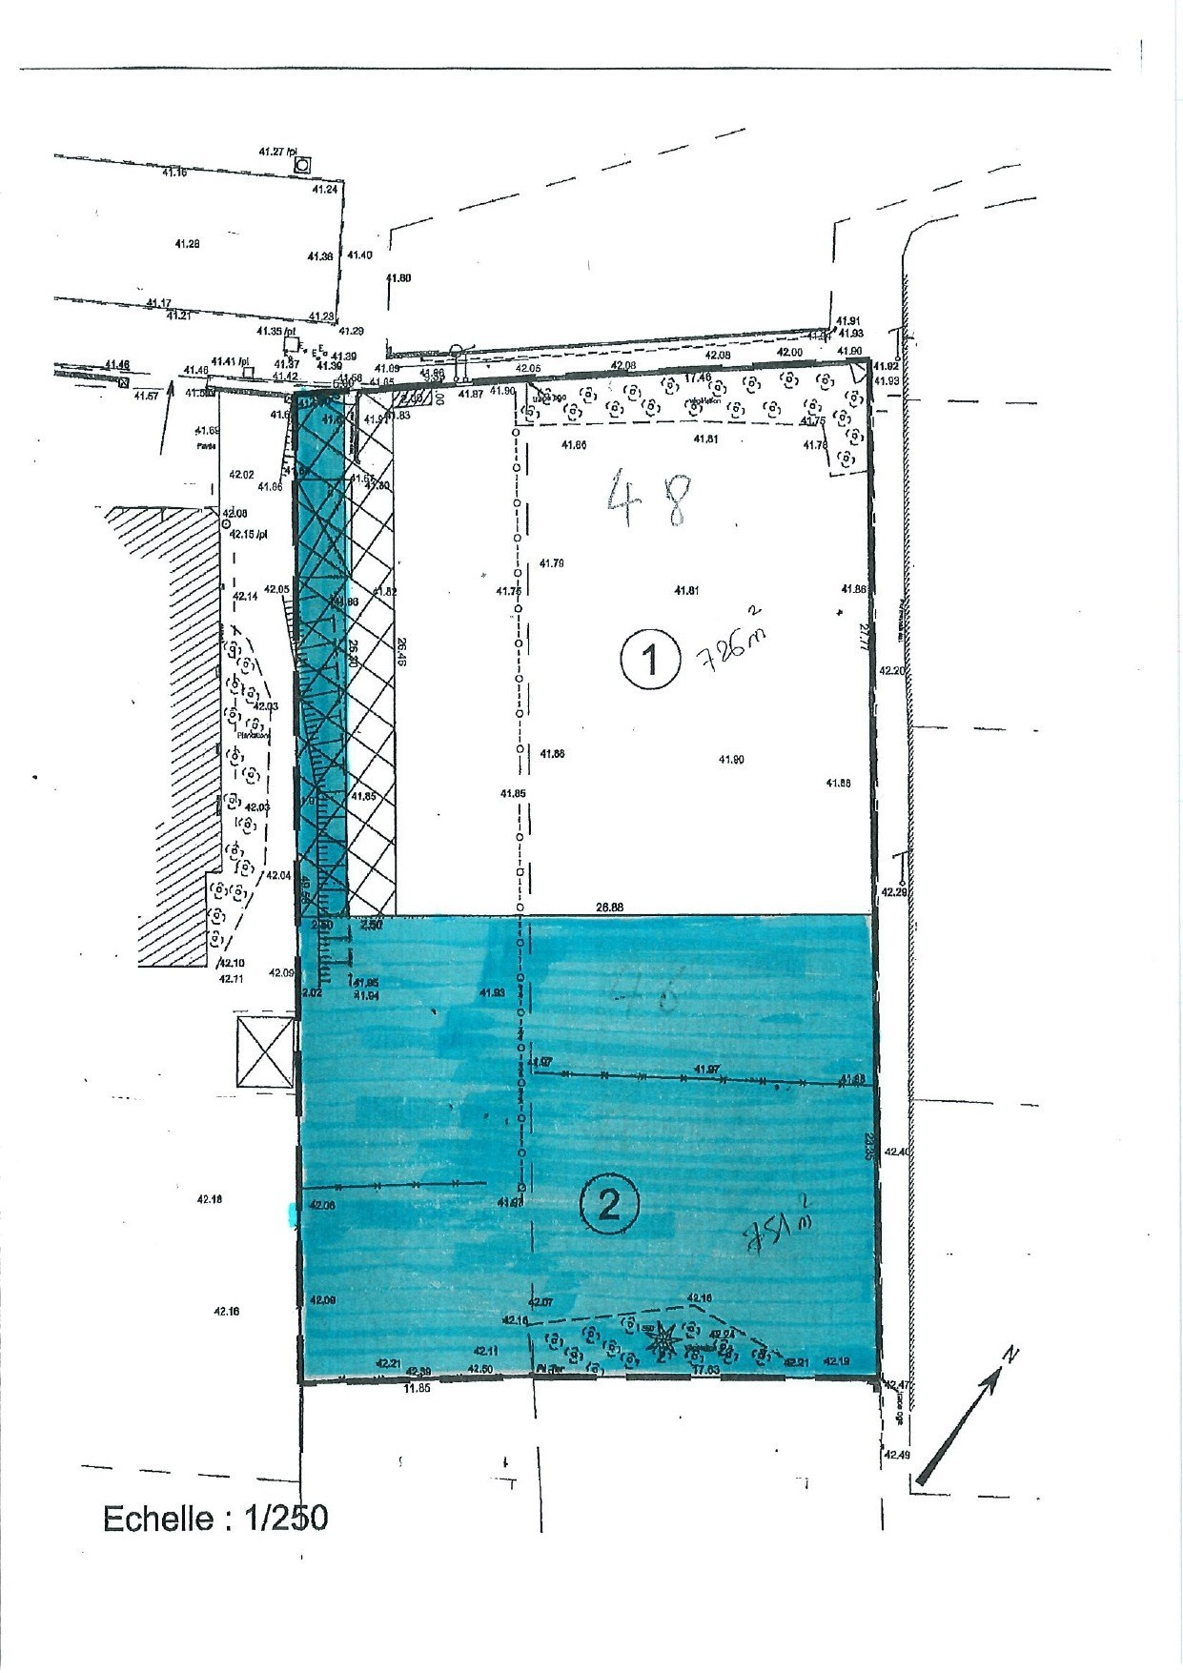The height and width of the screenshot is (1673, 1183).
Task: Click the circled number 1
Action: pyautogui.click(x=651, y=659)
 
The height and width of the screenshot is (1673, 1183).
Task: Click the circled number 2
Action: pyautogui.click(x=609, y=1206)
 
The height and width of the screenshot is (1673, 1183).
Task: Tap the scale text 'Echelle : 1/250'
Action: pyautogui.click(x=215, y=1518)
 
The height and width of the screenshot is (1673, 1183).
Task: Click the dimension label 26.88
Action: pyautogui.click(x=608, y=908)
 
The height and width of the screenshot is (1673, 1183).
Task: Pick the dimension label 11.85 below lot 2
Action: pyautogui.click(x=417, y=1388)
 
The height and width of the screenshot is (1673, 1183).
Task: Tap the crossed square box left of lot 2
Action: pyautogui.click(x=265, y=1051)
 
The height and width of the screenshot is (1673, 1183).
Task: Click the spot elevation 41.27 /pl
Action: pyautogui.click(x=278, y=151)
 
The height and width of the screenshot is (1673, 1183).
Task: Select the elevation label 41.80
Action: pyautogui.click(x=398, y=278)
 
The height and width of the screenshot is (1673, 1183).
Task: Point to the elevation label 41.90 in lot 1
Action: pyautogui.click(x=731, y=759)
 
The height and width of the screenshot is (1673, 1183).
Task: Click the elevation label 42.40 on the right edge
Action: pyautogui.click(x=898, y=1153)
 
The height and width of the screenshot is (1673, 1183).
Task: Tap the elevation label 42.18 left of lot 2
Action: pyautogui.click(x=210, y=1199)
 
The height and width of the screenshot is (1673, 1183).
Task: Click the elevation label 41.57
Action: pyautogui.click(x=146, y=396)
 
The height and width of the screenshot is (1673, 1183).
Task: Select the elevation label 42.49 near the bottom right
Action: pyautogui.click(x=897, y=1455)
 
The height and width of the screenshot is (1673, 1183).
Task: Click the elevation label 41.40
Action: pyautogui.click(x=359, y=255)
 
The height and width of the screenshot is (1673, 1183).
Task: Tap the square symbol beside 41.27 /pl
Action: pyautogui.click(x=302, y=165)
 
